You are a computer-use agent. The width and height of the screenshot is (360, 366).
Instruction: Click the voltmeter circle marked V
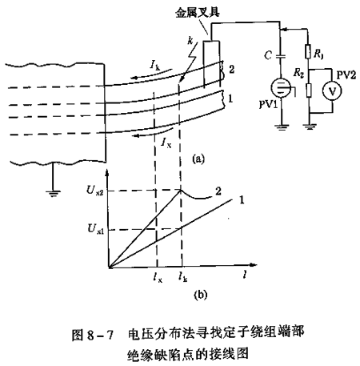[332, 91]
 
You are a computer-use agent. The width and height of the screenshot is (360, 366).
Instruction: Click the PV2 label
[346, 75]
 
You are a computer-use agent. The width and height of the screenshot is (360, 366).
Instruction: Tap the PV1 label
[268, 104]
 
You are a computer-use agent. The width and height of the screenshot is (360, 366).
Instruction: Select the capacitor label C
[268, 55]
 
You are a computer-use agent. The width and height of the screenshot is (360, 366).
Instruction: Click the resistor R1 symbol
[307, 51]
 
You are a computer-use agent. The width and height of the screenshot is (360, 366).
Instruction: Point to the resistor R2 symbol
[309, 90]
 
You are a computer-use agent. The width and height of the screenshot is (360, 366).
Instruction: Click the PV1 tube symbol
[281, 88]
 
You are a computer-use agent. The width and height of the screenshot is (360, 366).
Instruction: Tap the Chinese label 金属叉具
[198, 13]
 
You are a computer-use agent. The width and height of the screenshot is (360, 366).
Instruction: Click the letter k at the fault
[190, 41]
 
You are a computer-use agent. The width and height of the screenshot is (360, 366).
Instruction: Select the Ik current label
[154, 65]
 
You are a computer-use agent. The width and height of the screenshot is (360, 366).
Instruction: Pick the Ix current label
[166, 143]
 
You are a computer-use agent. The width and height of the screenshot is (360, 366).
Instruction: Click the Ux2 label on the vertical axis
[94, 191]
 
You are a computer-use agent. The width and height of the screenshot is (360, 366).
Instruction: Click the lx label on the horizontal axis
[158, 277]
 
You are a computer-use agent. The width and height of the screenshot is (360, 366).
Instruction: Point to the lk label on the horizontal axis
[183, 277]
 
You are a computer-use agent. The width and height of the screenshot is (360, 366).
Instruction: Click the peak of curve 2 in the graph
[181, 190]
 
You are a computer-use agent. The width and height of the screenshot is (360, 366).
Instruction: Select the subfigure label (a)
[198, 159]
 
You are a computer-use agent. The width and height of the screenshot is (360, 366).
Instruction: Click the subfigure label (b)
[201, 295]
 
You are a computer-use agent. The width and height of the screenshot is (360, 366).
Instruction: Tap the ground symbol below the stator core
[53, 193]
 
